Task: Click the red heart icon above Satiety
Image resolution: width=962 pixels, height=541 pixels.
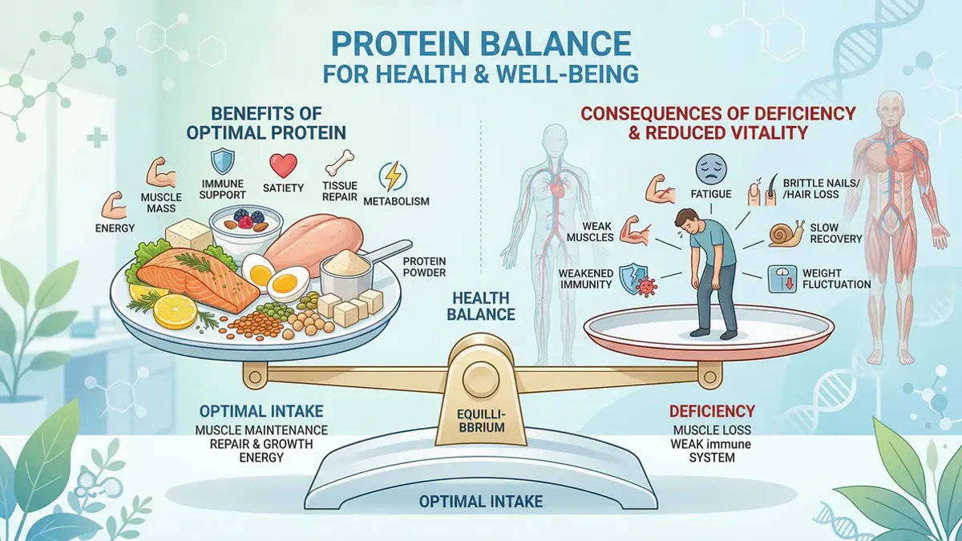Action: (283, 165)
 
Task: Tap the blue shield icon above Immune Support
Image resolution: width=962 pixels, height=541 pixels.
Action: (222, 162)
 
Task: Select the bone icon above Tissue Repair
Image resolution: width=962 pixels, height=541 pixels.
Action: (340, 163)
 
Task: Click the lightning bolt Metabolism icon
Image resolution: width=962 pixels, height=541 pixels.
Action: (393, 176)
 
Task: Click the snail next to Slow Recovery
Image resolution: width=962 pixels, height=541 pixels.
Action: (786, 233)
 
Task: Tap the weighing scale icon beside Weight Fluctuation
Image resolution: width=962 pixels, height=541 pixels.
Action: (782, 279)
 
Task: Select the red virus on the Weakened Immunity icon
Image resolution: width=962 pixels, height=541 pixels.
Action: (645, 286)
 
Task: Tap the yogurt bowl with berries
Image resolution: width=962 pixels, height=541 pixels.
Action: (246, 230)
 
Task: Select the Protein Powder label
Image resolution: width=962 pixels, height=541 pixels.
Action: (424, 267)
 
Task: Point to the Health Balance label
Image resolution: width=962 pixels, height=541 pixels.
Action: (480, 305)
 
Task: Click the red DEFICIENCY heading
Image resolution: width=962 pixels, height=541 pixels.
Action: (712, 411)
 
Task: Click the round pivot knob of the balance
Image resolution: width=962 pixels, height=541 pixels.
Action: (480, 377)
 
